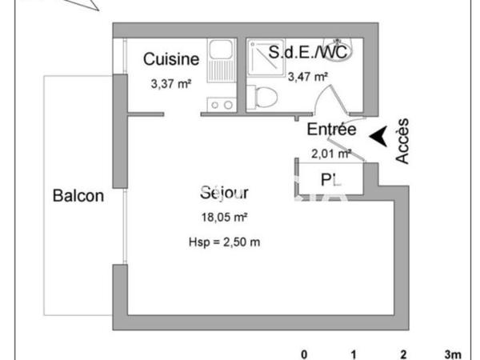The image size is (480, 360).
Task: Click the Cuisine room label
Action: [171, 58]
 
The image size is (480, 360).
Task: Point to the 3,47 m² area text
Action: [308, 77]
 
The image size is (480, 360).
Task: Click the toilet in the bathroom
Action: [263, 98]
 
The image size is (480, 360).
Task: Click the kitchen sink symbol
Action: [220, 60]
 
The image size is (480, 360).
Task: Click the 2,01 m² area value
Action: [331, 153]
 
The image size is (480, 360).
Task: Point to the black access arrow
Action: [380, 137]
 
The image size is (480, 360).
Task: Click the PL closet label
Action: [330, 178]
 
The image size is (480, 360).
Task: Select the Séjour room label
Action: [224, 194]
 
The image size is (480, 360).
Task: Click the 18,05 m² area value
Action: [224, 217]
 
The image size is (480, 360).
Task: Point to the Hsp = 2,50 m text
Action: [224, 242]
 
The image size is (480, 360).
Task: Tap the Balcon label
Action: [78, 196]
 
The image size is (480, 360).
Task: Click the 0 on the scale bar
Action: [303, 354]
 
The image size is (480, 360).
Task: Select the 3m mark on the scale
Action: [453, 354]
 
